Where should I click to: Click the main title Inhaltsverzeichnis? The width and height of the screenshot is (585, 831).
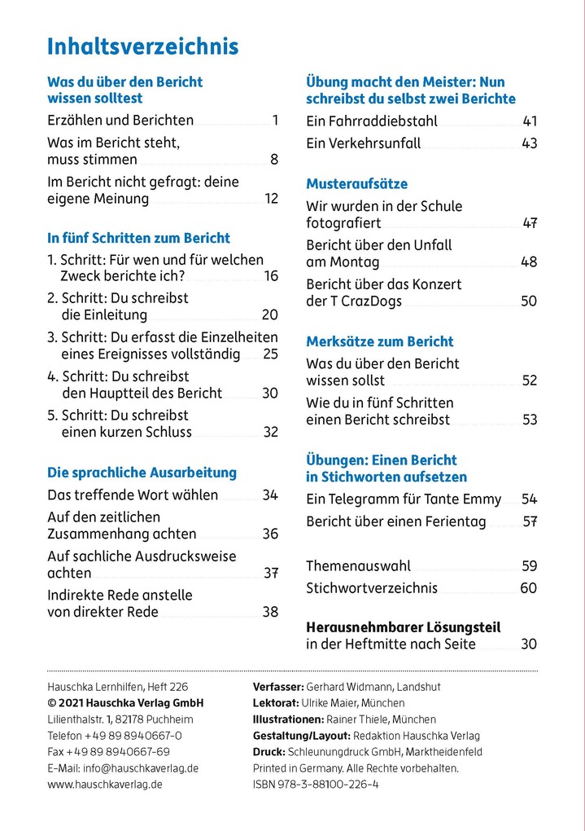pos(142,46)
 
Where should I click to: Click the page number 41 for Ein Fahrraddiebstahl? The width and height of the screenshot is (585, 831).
pos(529,121)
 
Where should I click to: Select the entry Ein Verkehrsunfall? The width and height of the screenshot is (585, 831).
pos(363,143)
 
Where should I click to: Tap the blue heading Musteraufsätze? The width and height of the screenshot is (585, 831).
pos(356,184)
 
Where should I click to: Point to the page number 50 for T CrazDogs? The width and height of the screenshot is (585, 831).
pos(529,301)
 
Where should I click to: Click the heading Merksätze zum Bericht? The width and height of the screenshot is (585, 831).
pos(379,341)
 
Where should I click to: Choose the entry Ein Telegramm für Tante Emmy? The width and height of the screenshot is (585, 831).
pos(404,499)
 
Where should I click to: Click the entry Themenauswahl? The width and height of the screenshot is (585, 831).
pos(358,566)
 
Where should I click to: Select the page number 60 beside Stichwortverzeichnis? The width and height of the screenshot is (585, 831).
pos(528,588)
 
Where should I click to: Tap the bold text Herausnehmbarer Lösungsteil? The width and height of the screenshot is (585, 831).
pos(403,627)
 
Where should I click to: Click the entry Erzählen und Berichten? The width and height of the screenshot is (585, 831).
pos(120,121)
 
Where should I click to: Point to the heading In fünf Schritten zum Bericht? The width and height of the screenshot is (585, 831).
pos(138,238)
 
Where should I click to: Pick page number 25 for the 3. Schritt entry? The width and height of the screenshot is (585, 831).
pos(270,354)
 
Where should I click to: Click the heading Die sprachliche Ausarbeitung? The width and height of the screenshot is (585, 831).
pos(142,473)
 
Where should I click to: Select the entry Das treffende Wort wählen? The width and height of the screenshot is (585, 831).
pos(133,495)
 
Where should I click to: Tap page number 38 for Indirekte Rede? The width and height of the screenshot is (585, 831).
pos(270,612)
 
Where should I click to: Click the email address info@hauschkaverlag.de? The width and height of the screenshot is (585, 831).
pos(123,767)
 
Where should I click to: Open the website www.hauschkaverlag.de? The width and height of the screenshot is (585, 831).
pos(105,784)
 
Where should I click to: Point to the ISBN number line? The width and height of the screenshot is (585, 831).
pos(316,784)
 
